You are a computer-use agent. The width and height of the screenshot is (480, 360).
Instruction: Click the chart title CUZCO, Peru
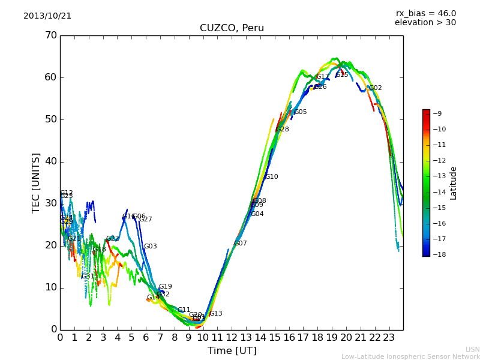point(232,28)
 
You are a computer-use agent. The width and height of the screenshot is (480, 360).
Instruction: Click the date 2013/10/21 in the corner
point(47,16)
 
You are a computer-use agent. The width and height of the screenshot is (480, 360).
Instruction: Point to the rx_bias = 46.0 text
point(425,14)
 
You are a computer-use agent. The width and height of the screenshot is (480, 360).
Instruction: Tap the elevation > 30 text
point(425,23)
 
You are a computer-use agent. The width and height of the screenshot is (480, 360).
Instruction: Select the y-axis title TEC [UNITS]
point(36,182)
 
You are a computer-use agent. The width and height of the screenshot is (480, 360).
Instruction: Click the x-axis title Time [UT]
point(232,351)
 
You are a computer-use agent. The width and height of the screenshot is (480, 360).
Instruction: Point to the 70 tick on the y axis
point(50,35)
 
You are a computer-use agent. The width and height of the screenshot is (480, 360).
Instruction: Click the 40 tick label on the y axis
point(50,161)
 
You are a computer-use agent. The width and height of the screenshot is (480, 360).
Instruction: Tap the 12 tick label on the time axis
point(232,338)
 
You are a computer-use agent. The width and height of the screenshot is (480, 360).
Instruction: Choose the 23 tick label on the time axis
point(389,338)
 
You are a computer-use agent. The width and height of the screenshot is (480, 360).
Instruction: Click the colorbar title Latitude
point(454,182)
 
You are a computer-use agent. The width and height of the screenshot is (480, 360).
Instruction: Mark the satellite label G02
point(376,88)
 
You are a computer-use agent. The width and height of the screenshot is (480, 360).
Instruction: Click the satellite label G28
point(283,130)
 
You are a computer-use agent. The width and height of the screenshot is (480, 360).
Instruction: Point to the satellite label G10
point(272,177)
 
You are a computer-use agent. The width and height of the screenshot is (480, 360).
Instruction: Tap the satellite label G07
point(241,244)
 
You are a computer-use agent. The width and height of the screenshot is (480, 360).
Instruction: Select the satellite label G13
point(216,314)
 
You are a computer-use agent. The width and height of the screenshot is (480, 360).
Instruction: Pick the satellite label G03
point(151,247)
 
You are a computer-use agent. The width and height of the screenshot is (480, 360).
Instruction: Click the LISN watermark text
point(473,349)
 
